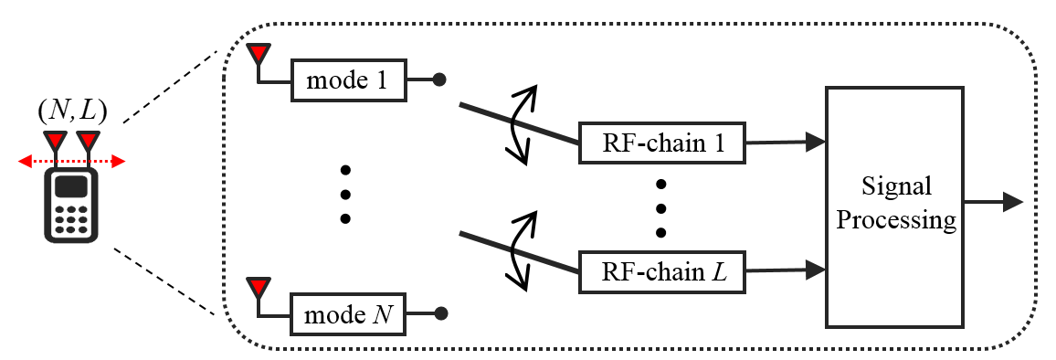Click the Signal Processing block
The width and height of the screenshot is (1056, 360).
point(894,207)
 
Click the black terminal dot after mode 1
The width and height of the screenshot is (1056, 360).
point(439,80)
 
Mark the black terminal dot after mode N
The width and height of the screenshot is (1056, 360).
point(439,314)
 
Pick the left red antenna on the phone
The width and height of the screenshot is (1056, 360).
point(57,142)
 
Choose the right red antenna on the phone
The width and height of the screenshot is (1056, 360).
point(88,142)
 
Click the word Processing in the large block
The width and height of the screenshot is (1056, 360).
point(894,221)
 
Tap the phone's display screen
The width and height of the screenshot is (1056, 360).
point(72,187)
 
